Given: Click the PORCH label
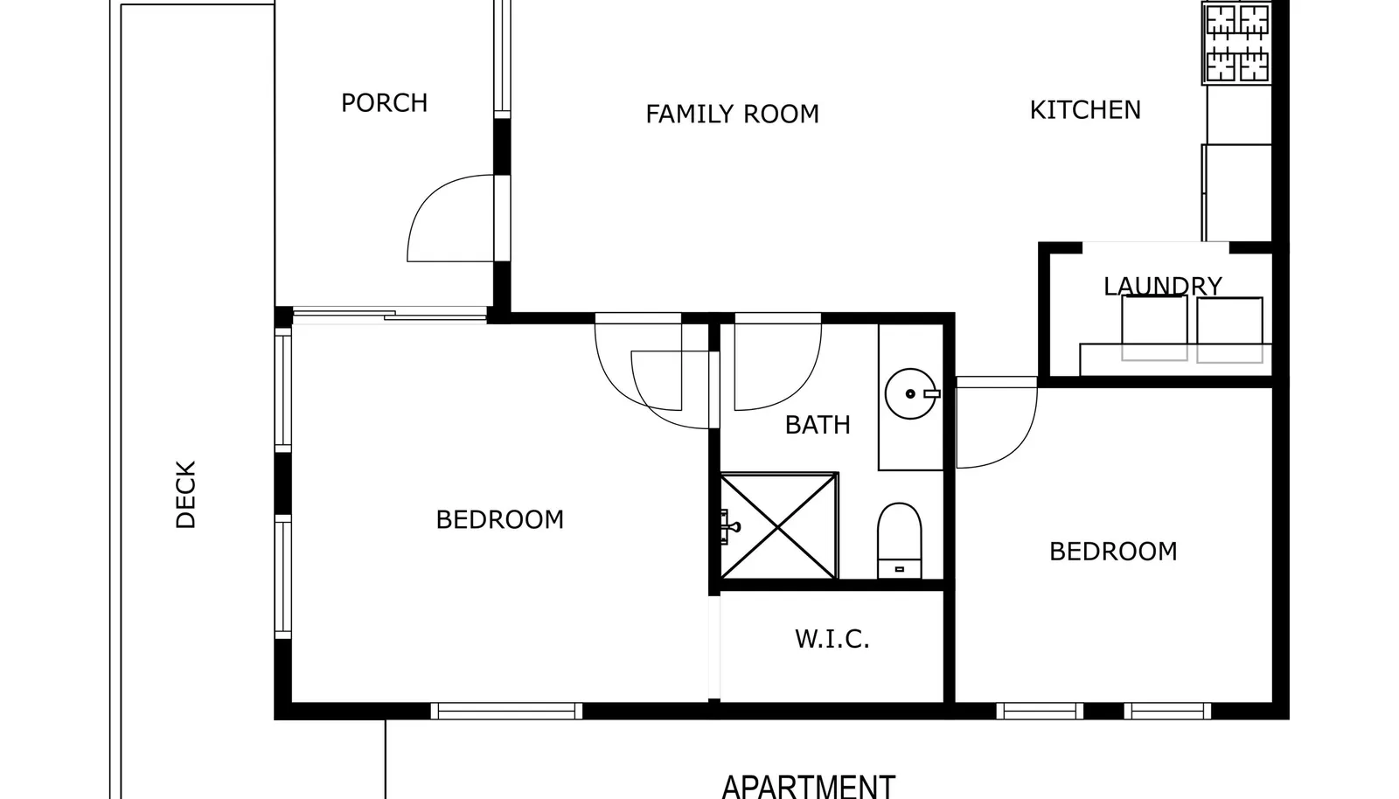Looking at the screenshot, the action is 384,103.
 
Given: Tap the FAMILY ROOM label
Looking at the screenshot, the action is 732,115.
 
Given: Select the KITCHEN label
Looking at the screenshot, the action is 1085,110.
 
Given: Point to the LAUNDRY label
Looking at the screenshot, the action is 1162,287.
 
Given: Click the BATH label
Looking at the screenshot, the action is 818,425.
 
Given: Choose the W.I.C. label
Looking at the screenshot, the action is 832,639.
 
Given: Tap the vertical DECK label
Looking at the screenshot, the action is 185,495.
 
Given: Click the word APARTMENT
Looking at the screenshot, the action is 808,787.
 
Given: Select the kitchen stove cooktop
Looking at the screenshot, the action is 1237,43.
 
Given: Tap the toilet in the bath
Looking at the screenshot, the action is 900,540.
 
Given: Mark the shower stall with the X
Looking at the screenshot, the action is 779,526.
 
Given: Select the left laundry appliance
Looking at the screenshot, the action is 1154,329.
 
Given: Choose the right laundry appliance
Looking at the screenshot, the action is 1229,330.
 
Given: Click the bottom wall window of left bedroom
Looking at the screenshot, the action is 506,711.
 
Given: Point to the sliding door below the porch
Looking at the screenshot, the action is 389,315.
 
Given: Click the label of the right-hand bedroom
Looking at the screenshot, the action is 1113,552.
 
